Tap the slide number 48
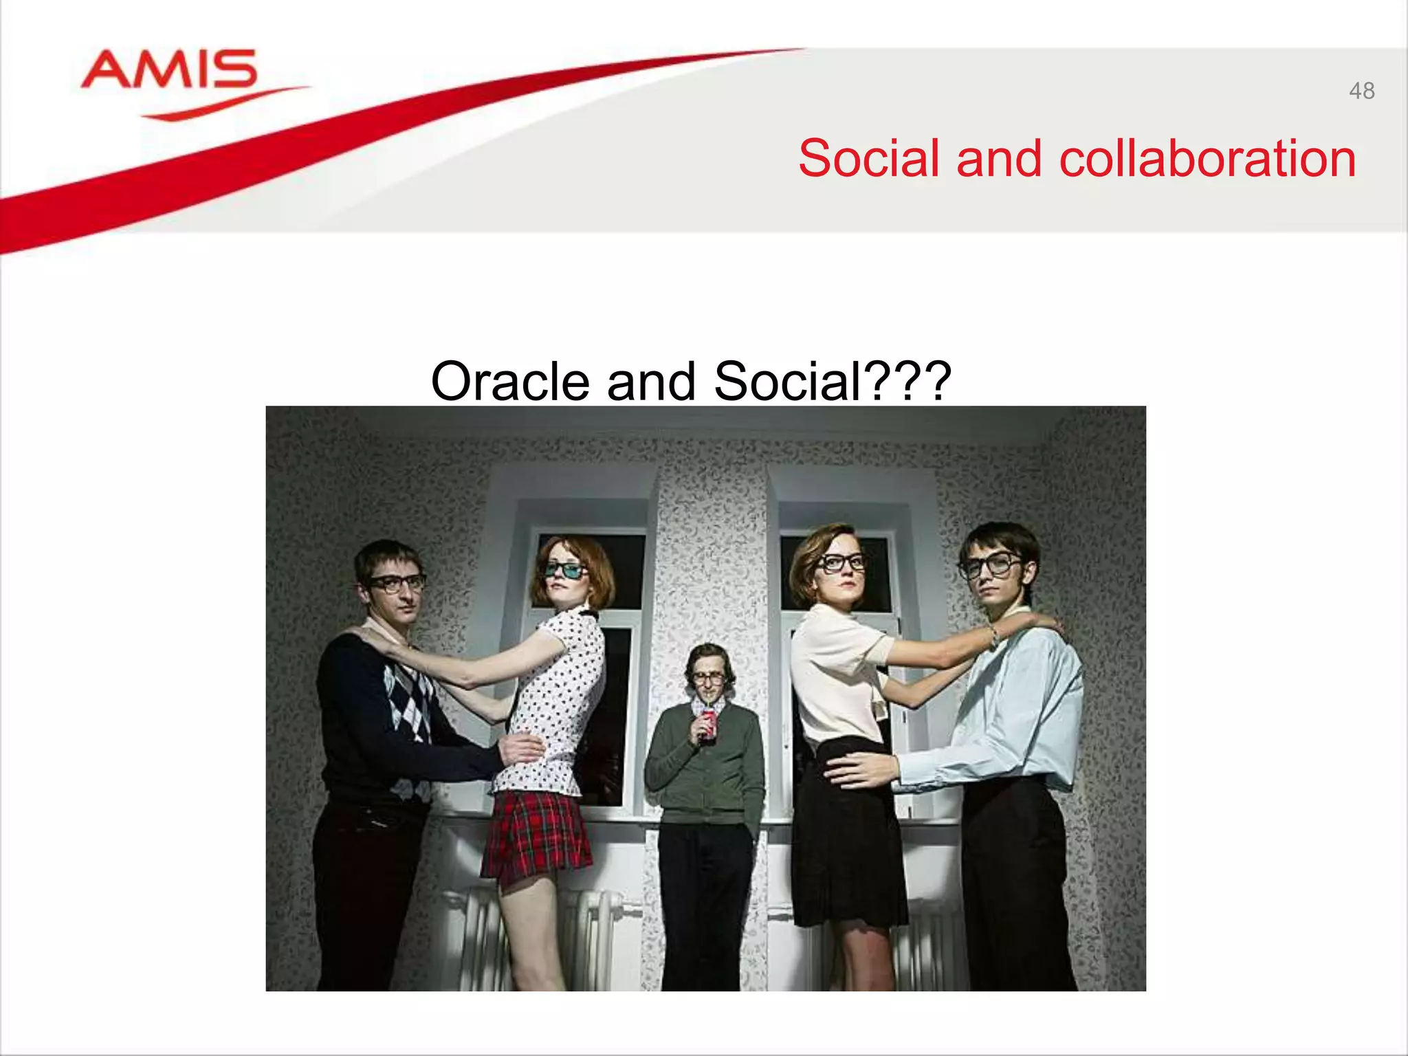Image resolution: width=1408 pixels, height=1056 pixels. (x=1361, y=91)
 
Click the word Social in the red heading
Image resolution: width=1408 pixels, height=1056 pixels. (x=868, y=158)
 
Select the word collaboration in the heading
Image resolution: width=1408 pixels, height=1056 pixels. (x=1207, y=158)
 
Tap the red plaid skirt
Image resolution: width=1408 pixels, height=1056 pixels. (x=536, y=835)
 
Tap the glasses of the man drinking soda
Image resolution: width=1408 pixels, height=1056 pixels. (x=708, y=678)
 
